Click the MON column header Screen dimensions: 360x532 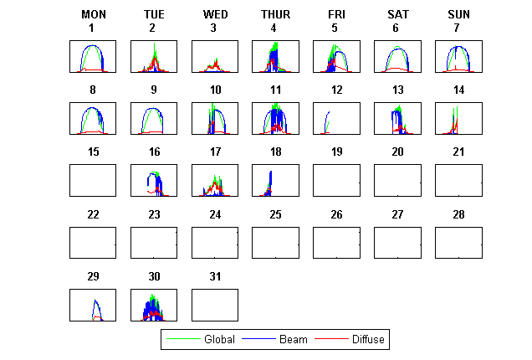pyautogui.click(x=93, y=14)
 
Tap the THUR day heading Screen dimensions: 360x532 pyautogui.click(x=274, y=14)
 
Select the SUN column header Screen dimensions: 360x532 pyautogui.click(x=458, y=14)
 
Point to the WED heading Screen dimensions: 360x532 pyautogui.click(x=214, y=14)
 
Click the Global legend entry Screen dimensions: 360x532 pyautogui.click(x=219, y=339)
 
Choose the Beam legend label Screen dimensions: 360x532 pyautogui.click(x=294, y=339)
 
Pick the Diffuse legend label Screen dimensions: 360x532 pyautogui.click(x=369, y=339)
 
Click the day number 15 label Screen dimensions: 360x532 pyautogui.click(x=93, y=152)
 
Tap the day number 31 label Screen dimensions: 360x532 pyautogui.click(x=214, y=276)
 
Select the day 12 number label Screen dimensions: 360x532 pyautogui.click(x=335, y=90)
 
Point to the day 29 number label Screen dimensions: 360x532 pyautogui.click(x=93, y=276)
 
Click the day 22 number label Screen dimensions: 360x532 pyautogui.click(x=93, y=214)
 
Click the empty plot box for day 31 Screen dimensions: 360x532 pyautogui.click(x=214, y=304)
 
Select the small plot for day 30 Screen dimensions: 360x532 pyautogui.click(x=154, y=304)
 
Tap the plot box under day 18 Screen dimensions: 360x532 pyautogui.click(x=274, y=180)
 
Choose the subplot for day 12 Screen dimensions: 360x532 pyautogui.click(x=335, y=118)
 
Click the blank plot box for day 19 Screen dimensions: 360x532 pyautogui.click(x=335, y=180)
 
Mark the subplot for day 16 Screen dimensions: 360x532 pyautogui.click(x=154, y=180)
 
